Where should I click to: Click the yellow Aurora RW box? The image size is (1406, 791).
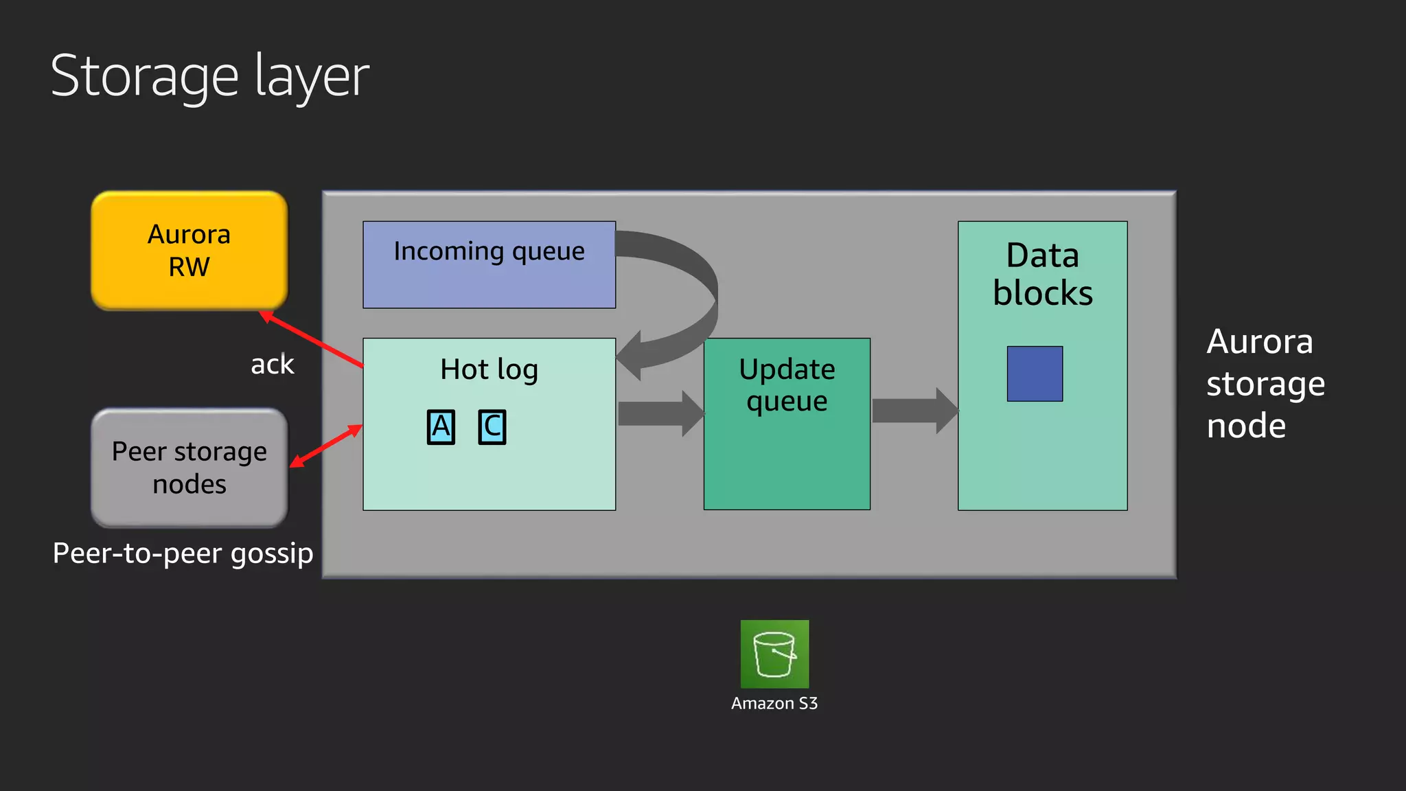[x=189, y=250]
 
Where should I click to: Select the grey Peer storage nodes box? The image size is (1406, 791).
[x=189, y=468]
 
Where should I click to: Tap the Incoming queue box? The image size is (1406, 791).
[x=489, y=264]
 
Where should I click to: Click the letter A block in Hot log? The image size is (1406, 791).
[x=441, y=427]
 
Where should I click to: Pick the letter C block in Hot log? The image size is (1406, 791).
[x=492, y=427]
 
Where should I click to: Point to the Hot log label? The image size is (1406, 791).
[x=489, y=369]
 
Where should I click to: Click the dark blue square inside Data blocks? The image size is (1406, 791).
[x=1035, y=374]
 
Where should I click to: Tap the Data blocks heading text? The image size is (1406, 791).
[x=1042, y=274]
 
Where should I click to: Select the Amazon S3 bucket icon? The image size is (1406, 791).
[x=774, y=654]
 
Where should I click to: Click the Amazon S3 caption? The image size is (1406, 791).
[x=774, y=703]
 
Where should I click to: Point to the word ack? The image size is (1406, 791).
[x=272, y=365]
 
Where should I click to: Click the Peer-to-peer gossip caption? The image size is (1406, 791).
[x=183, y=553]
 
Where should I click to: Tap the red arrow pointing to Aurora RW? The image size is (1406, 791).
[x=312, y=340]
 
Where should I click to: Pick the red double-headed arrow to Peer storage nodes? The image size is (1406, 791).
[x=326, y=446]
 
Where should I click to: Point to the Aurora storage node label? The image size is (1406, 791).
[x=1265, y=383]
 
